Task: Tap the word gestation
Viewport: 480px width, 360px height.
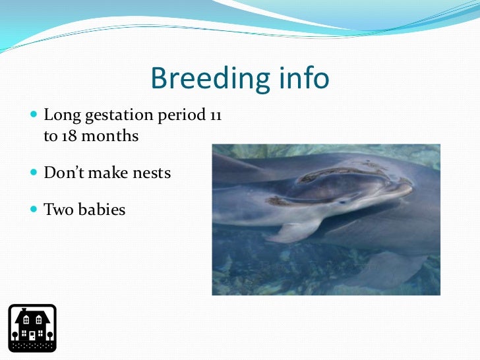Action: tap(119, 115)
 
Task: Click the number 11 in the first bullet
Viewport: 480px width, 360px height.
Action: tap(216, 115)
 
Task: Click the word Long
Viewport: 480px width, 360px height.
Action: tap(62, 115)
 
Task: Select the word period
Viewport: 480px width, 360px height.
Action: tap(181, 115)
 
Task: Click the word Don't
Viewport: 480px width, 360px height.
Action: tap(64, 172)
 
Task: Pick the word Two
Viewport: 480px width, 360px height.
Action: tap(59, 210)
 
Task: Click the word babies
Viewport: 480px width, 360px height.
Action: tap(102, 210)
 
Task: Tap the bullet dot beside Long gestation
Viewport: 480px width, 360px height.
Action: tap(34, 115)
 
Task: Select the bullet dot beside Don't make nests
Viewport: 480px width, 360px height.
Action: tap(34, 172)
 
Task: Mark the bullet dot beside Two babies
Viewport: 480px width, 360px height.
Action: tap(34, 209)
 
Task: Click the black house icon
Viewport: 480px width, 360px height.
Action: tap(32, 328)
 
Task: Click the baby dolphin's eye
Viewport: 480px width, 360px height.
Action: tap(343, 202)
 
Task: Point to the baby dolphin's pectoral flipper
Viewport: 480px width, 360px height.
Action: tap(292, 232)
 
